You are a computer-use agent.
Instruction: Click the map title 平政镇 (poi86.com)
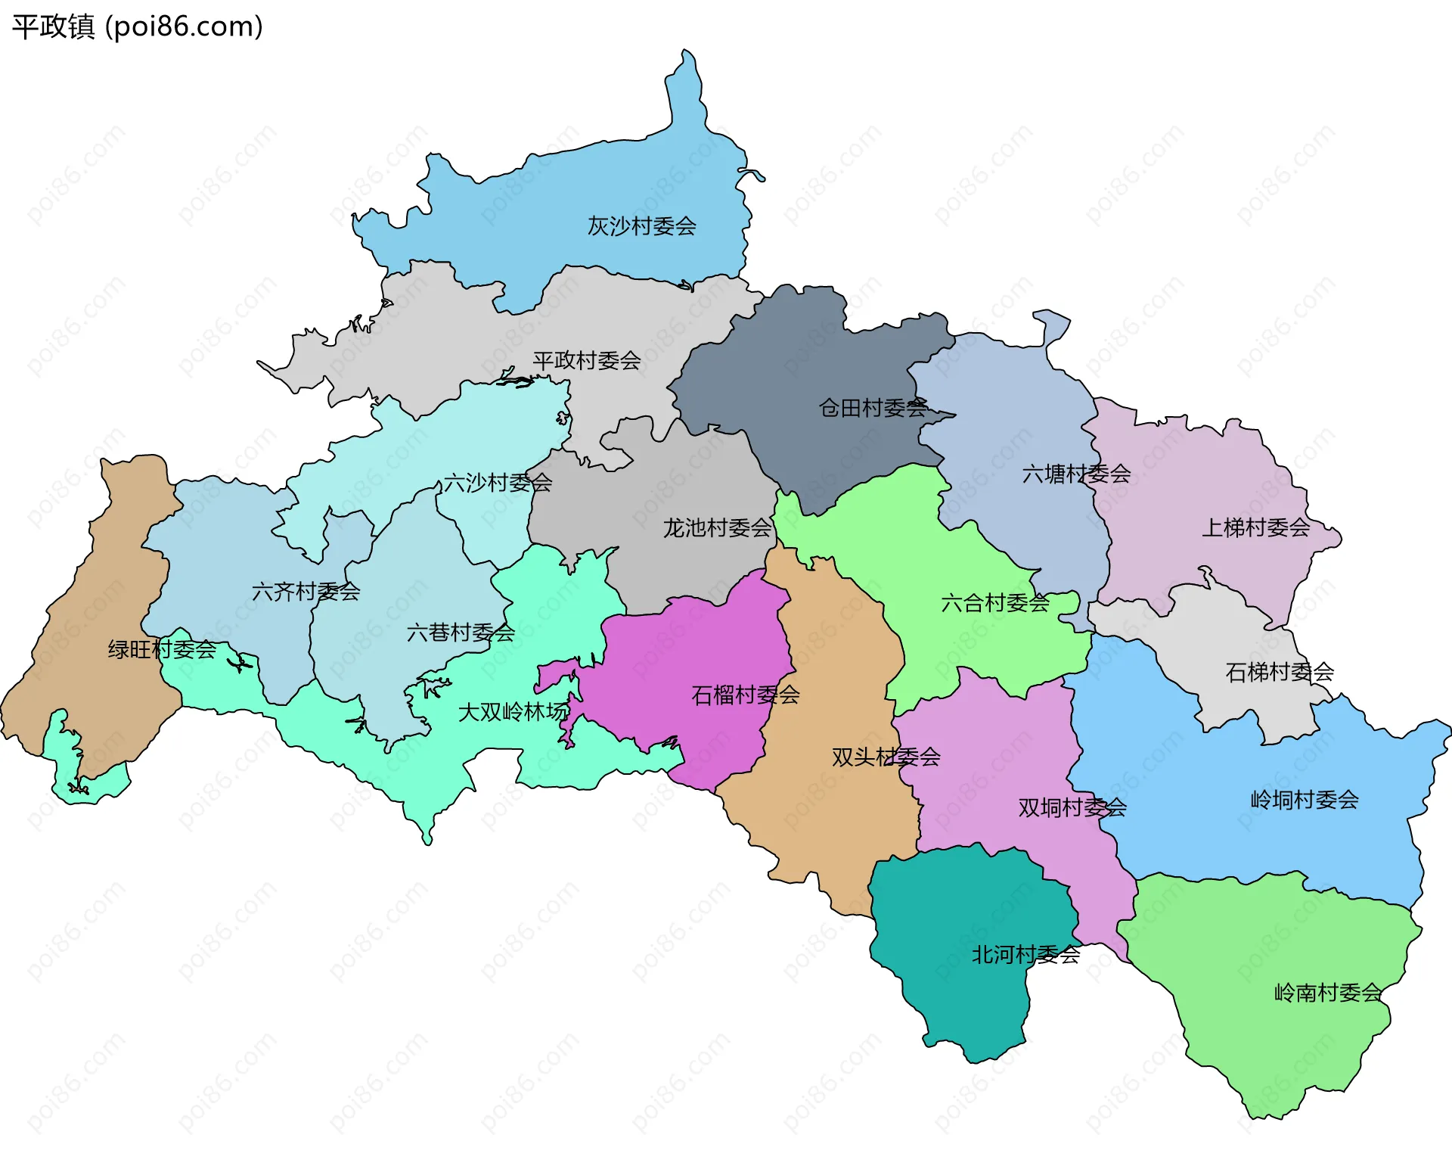pyautogui.click(x=137, y=26)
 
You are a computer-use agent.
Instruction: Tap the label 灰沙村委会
pyautogui.click(x=641, y=225)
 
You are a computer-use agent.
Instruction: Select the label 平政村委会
pyautogui.click(x=586, y=360)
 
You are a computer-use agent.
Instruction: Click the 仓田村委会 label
pyautogui.click(x=873, y=408)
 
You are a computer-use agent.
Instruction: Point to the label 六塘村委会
pyautogui.click(x=1076, y=474)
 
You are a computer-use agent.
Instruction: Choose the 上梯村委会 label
pyautogui.click(x=1255, y=527)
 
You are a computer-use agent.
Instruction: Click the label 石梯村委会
pyautogui.click(x=1279, y=672)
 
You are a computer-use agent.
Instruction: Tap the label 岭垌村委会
pyautogui.click(x=1304, y=800)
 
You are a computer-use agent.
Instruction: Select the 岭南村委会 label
pyautogui.click(x=1328, y=992)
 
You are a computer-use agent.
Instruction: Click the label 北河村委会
pyautogui.click(x=1025, y=955)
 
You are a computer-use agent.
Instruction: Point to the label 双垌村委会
pyautogui.click(x=1072, y=808)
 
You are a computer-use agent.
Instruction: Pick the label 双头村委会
pyautogui.click(x=886, y=757)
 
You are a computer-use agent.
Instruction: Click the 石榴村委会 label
pyautogui.click(x=745, y=695)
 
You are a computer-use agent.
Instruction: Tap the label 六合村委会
pyautogui.click(x=995, y=603)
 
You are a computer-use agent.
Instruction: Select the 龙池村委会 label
pyautogui.click(x=717, y=528)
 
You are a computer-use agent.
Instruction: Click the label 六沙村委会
pyautogui.click(x=498, y=483)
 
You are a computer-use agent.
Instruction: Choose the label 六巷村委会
pyautogui.click(x=461, y=632)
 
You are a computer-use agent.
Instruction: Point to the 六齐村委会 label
pyautogui.click(x=306, y=592)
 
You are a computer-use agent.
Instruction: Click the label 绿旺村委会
pyautogui.click(x=162, y=649)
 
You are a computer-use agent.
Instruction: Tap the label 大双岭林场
pyautogui.click(x=513, y=712)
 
